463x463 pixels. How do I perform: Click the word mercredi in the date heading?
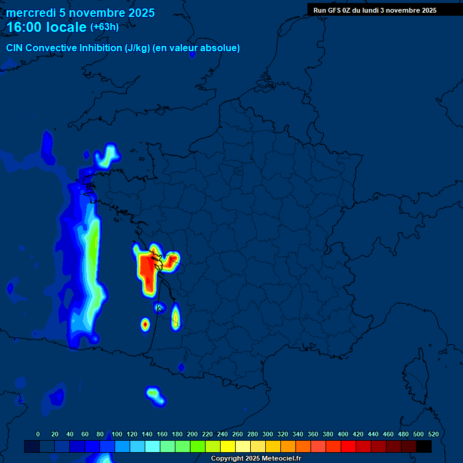pyautogui.click(x=31, y=13)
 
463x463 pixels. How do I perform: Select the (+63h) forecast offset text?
pyautogui.click(x=104, y=27)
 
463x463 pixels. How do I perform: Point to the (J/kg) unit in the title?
pyautogui.click(x=137, y=48)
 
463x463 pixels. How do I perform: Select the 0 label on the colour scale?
pyautogui.click(x=38, y=434)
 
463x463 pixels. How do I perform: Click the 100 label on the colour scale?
pyautogui.click(x=117, y=434)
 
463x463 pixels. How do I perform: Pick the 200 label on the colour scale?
pyautogui.click(x=192, y=434)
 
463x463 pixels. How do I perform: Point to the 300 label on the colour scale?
pyautogui.click(x=268, y=434)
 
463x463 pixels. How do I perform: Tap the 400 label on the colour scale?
pyautogui.click(x=343, y=434)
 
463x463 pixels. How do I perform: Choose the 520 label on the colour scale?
pyautogui.click(x=433, y=434)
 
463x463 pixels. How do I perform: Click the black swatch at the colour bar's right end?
pyautogui.click(x=424, y=446)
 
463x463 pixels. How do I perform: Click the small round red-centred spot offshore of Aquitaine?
pyautogui.click(x=145, y=324)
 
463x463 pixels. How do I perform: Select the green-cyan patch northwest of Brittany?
pyautogui.click(x=107, y=156)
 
